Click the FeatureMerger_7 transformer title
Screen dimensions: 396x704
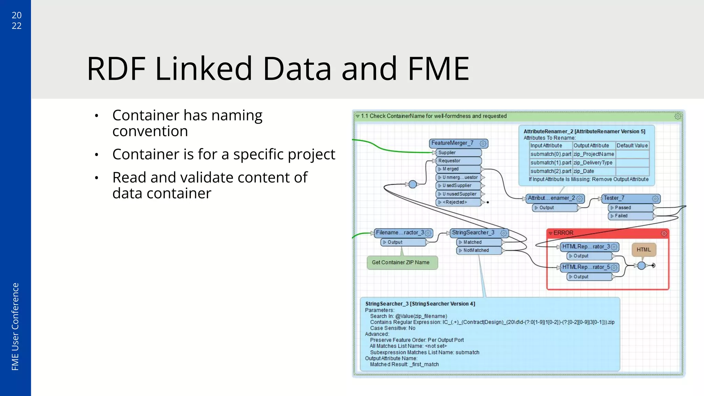[452, 143]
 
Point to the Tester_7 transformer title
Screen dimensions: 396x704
[614, 198]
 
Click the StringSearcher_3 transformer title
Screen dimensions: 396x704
[473, 233]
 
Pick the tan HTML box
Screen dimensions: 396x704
[643, 250]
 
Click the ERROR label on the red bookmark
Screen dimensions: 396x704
[563, 233]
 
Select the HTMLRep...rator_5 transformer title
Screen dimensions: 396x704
[586, 267]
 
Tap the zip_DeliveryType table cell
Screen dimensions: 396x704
[593, 163]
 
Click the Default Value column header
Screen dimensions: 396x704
[632, 146]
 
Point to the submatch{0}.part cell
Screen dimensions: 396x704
[551, 154]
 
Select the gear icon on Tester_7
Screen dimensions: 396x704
[655, 199]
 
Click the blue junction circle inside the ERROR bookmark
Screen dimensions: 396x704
[641, 265]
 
